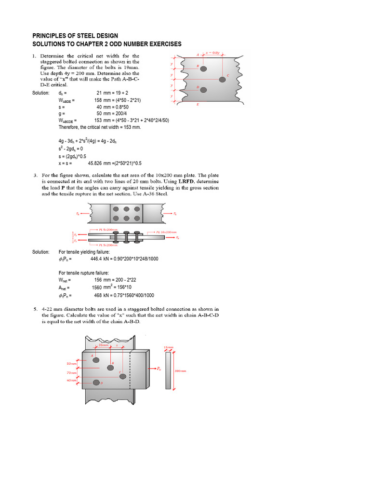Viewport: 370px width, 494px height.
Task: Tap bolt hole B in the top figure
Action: pos(203,69)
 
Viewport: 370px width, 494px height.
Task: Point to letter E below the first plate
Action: pos(198,104)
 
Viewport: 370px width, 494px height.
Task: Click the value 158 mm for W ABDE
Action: pos(102,100)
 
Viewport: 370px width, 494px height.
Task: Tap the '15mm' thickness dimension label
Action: pos(168,347)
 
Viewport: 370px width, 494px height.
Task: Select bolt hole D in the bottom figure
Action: pos(96,383)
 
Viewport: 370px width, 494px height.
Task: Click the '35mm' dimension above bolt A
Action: pos(103,345)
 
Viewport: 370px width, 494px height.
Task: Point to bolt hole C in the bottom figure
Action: pos(123,376)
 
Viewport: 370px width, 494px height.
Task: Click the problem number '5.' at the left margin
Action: pos(35,309)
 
